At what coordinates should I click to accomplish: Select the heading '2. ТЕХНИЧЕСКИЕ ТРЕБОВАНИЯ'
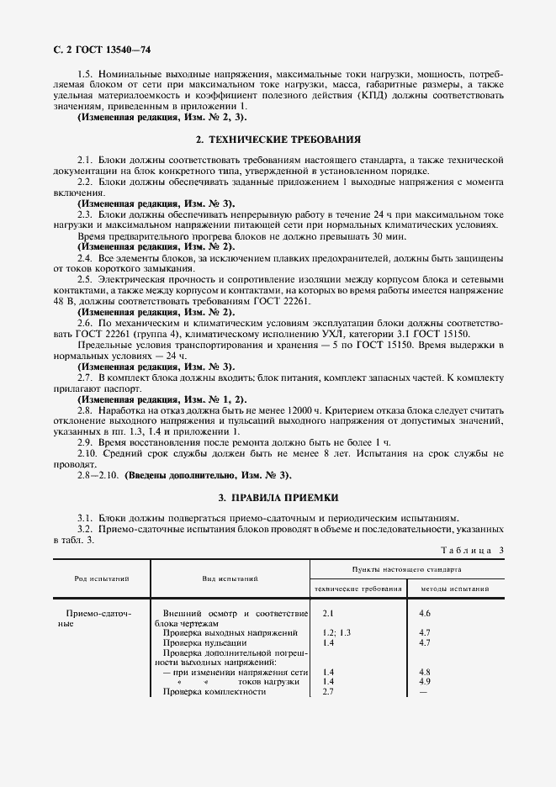pyautogui.click(x=278, y=138)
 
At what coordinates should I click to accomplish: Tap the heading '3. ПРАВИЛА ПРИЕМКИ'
pyautogui.click(x=278, y=498)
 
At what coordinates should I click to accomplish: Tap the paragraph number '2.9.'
pyautogui.click(x=85, y=441)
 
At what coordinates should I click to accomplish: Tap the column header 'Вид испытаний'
pyautogui.click(x=230, y=578)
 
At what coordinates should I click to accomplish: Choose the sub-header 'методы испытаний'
pyautogui.click(x=454, y=589)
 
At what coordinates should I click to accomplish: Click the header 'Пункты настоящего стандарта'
pyautogui.click(x=406, y=569)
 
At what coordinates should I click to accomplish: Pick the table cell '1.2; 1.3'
pyautogui.click(x=336, y=631)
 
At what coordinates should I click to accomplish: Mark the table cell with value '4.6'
pyautogui.click(x=425, y=615)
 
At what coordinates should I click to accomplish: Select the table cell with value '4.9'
pyautogui.click(x=425, y=681)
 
